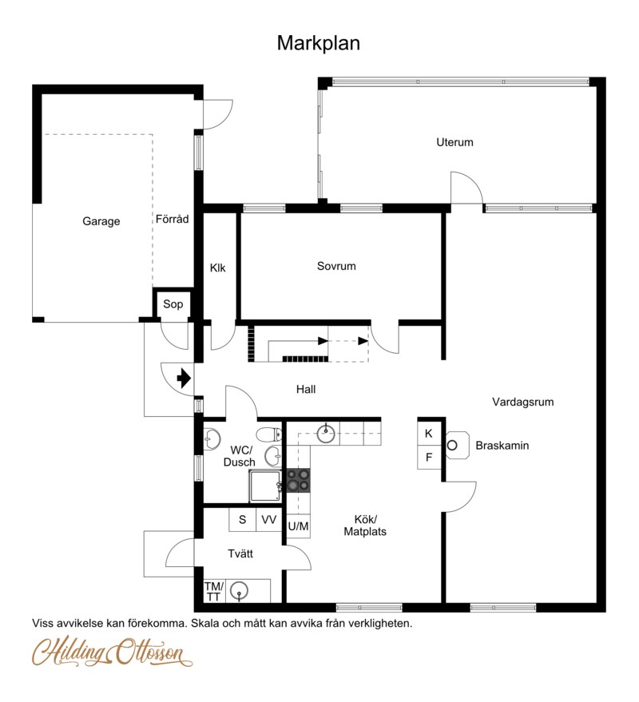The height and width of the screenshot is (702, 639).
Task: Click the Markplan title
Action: (x=319, y=43)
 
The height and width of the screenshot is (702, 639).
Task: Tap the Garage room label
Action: (x=101, y=221)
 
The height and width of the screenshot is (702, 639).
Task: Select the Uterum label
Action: (x=455, y=142)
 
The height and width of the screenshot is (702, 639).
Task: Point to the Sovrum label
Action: (x=336, y=266)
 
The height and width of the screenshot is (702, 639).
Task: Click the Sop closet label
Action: (x=173, y=304)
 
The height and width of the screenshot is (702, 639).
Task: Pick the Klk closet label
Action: (x=217, y=268)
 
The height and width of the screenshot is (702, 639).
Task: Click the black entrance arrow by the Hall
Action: (x=184, y=379)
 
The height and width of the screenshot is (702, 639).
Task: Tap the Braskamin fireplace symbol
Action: (x=457, y=445)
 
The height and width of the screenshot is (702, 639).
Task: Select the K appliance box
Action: (x=429, y=434)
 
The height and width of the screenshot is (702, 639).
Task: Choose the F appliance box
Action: (x=429, y=458)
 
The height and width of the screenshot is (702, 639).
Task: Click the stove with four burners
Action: (x=298, y=481)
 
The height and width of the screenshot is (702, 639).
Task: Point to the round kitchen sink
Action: (x=326, y=433)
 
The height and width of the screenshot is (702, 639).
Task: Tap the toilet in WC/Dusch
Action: (x=269, y=434)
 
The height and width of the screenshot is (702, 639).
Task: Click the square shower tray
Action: (x=265, y=486)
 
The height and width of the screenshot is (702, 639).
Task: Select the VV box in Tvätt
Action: (x=268, y=519)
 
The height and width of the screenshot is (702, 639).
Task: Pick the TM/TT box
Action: (x=214, y=592)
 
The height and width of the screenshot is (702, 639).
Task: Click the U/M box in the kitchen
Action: (x=298, y=526)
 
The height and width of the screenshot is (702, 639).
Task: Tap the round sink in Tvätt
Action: (x=239, y=591)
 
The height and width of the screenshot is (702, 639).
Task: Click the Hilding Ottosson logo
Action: (x=112, y=652)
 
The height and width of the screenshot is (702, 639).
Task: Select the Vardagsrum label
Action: (x=523, y=402)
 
